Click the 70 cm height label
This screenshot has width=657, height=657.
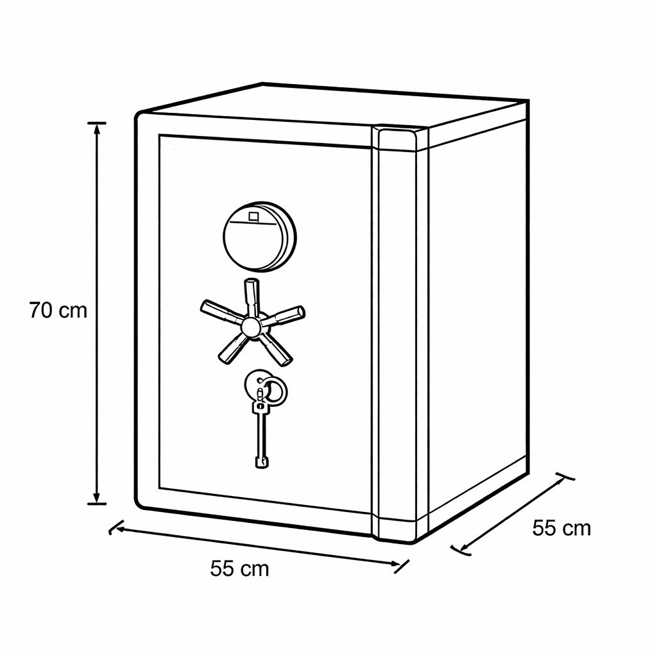(58, 311)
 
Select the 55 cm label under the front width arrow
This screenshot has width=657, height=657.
(239, 568)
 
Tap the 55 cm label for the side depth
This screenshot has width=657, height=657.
(561, 528)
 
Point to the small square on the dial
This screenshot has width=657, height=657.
(254, 216)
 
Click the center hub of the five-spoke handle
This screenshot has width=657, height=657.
(251, 326)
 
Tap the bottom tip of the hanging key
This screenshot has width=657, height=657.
(261, 466)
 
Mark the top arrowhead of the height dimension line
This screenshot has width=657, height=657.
(98, 128)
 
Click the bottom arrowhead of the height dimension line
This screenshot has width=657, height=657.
(97, 498)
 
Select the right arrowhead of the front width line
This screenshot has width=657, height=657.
(395, 563)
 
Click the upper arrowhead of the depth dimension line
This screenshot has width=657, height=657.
(559, 483)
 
